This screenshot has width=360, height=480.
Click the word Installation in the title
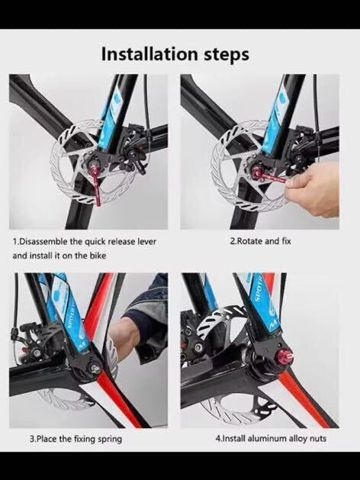[x=149, y=54]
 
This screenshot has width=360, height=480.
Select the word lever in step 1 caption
[x=146, y=242]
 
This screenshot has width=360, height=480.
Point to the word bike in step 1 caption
[x=98, y=255]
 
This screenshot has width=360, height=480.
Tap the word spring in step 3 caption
[x=110, y=440]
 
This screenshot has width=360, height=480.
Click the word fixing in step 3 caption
[x=85, y=440]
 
